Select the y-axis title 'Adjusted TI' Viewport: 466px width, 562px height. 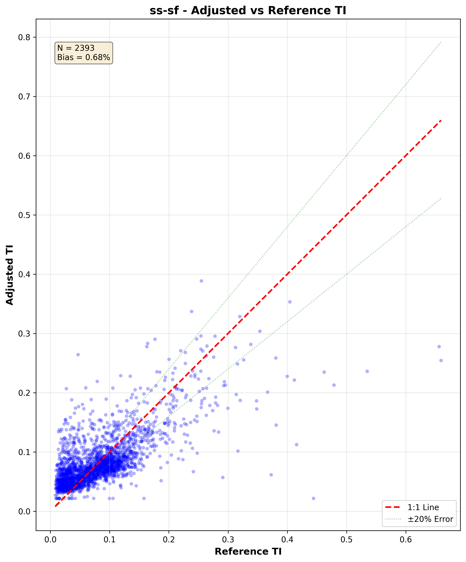[x=10, y=275]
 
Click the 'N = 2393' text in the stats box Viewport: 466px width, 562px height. [x=76, y=48]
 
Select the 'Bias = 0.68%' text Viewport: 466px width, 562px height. [x=84, y=57]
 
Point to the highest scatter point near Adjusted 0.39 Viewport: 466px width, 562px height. [x=201, y=281]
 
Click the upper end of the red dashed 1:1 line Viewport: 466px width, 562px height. [x=441, y=121]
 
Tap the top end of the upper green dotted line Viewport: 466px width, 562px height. [x=441, y=42]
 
